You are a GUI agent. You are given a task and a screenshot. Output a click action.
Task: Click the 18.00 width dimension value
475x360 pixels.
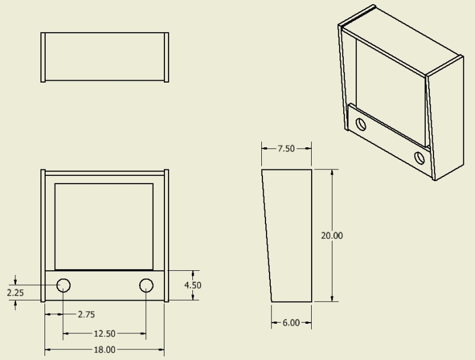pos(104,350)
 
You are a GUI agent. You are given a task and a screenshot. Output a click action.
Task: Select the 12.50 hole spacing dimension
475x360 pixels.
pos(104,333)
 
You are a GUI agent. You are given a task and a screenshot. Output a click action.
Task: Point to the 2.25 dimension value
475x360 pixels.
pos(15,292)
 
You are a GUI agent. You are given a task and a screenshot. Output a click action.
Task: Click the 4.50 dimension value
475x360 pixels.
pos(192,285)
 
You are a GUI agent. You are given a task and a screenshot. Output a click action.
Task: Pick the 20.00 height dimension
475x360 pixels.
pos(332,236)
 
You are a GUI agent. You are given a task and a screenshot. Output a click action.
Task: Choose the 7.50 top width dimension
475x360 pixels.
pos(286,149)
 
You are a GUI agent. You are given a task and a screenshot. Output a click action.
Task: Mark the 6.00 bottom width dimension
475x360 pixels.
pos(290,323)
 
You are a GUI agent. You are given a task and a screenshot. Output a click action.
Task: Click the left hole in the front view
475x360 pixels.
pos(64,286)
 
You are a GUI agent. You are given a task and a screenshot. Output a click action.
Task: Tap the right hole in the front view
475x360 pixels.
pos(146,286)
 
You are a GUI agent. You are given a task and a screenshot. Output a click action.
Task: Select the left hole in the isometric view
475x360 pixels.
pos(360,124)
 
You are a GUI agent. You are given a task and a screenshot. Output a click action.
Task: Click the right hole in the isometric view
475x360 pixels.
pos(420,157)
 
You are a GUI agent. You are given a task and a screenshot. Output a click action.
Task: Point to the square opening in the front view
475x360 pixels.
pos(104,226)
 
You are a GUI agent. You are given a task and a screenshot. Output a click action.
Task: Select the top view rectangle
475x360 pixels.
pos(104,57)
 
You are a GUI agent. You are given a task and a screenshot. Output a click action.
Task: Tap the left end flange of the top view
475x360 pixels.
pos(43,57)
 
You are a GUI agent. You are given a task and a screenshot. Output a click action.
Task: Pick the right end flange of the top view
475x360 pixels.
pos(166,57)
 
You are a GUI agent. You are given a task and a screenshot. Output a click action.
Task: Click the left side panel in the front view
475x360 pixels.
pos(43,236)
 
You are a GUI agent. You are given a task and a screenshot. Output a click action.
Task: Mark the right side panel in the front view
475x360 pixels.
pos(166,236)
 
